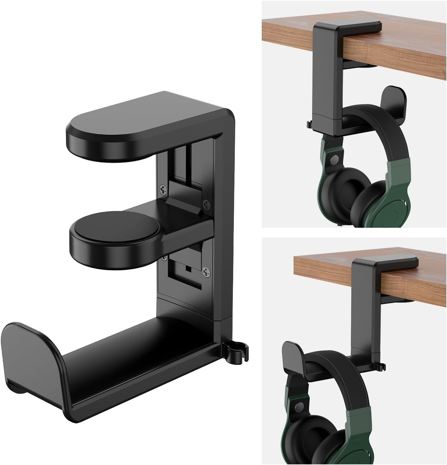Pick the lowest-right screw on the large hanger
pos(206,271)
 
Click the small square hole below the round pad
pos(189,269)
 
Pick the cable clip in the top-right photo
pos(308,124)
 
